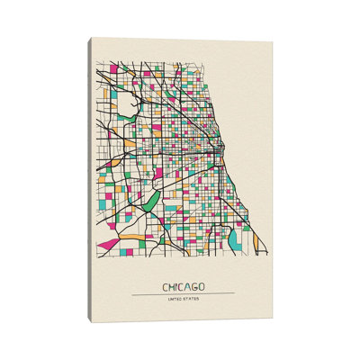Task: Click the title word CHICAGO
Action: coord(183,287)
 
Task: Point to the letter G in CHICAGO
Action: coord(194,287)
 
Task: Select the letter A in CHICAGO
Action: coord(187,287)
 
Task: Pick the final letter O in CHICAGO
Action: coord(201,287)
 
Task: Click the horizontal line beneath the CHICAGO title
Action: coord(183,294)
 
